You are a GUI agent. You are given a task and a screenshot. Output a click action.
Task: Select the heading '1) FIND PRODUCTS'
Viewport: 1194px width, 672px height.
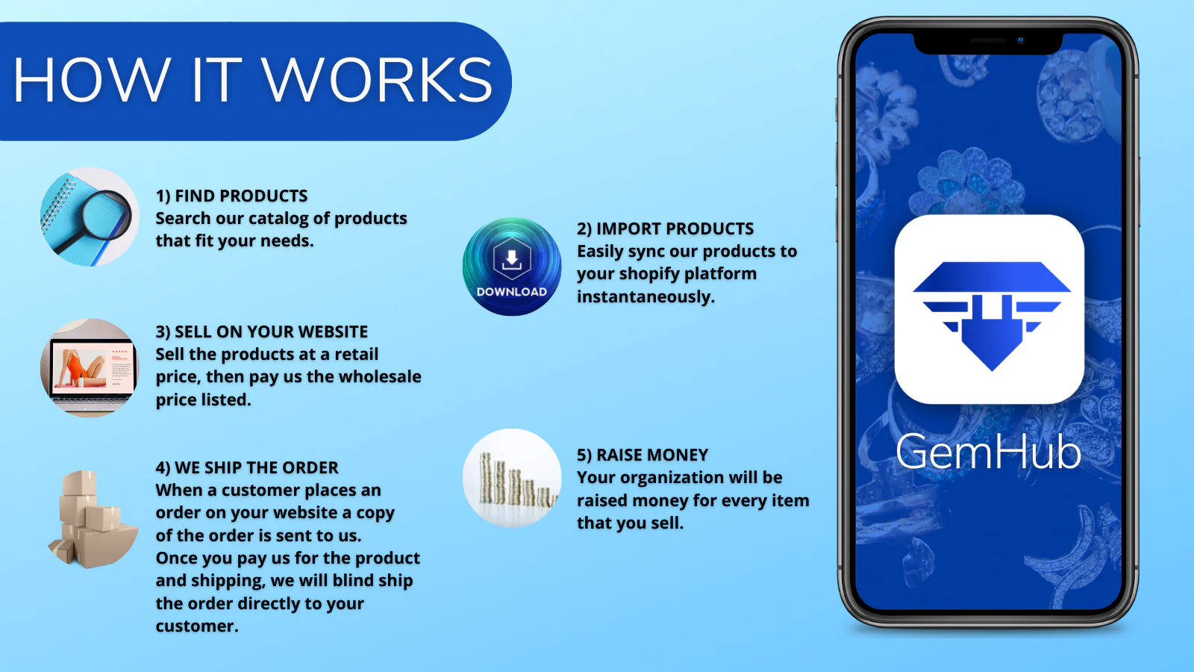click(231, 196)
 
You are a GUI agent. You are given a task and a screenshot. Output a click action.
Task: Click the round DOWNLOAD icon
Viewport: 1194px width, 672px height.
click(512, 266)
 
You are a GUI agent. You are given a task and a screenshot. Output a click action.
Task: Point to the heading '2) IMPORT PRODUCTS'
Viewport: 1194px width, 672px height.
click(665, 228)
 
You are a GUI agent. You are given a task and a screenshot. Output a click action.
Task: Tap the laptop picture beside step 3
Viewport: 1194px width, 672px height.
click(90, 368)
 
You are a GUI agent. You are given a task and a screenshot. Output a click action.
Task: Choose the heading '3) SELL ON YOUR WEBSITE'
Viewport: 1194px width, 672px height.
click(262, 332)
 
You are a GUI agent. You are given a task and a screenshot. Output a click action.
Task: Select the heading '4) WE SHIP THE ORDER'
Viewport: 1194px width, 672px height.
click(247, 467)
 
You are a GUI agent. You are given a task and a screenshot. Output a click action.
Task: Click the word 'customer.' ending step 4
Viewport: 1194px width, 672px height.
click(197, 626)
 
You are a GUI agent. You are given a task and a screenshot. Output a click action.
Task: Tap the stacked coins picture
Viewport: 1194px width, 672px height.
click(512, 478)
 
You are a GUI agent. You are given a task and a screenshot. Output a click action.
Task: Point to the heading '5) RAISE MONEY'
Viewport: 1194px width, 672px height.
click(643, 455)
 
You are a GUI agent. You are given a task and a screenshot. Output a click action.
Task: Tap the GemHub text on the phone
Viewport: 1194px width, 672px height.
click(988, 452)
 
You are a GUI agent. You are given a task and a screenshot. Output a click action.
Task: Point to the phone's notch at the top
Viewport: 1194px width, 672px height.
click(988, 43)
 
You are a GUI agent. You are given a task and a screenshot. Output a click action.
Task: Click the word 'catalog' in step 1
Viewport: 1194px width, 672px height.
click(278, 219)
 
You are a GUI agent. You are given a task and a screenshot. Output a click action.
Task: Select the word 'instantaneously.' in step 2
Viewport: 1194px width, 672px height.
click(646, 296)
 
